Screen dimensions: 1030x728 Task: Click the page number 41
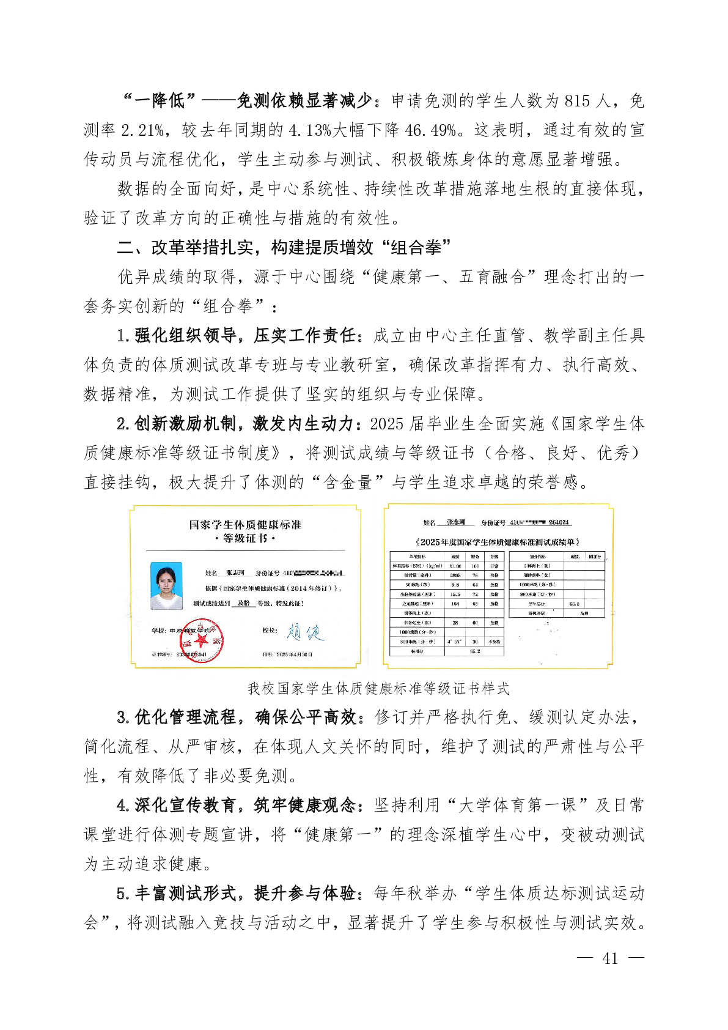(x=609, y=958)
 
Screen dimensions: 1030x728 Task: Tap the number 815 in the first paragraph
(x=578, y=101)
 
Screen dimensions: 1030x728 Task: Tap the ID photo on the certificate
(x=166, y=586)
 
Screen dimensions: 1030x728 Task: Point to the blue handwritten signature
(x=306, y=632)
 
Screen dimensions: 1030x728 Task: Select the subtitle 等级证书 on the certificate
(x=245, y=538)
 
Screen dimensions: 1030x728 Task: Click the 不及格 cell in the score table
(x=494, y=642)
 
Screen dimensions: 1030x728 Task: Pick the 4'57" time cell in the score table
(x=454, y=642)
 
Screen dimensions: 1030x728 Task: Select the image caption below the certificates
(x=378, y=689)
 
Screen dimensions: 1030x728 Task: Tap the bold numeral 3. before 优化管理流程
(x=123, y=717)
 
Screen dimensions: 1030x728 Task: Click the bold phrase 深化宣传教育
(x=185, y=806)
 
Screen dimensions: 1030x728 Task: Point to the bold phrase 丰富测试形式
(x=185, y=894)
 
